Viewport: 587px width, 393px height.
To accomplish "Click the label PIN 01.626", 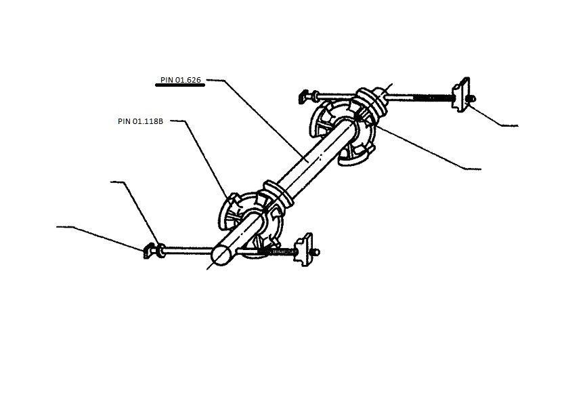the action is [181, 80].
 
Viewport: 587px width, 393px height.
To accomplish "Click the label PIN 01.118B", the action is [140, 121].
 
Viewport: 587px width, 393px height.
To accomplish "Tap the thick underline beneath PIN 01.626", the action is [180, 85].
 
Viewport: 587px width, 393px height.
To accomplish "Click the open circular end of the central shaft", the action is [221, 255].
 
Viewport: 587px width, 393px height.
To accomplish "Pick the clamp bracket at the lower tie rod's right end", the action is [305, 249].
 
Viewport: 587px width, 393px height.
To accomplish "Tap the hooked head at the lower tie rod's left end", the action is [149, 251].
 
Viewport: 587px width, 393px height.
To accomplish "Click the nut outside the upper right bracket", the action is [473, 99].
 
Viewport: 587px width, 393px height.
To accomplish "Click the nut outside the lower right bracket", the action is [316, 253].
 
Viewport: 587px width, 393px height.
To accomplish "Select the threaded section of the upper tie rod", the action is [433, 98].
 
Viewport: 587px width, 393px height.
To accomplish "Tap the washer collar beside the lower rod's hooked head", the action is [161, 251].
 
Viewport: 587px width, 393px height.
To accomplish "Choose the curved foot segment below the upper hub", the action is [355, 157].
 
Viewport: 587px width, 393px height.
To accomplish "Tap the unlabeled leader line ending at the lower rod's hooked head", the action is [101, 238].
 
